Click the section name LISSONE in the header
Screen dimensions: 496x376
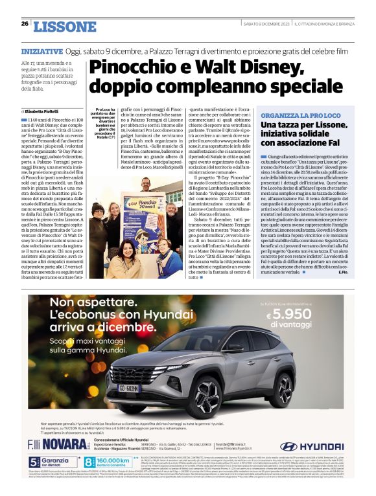[64, 27]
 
